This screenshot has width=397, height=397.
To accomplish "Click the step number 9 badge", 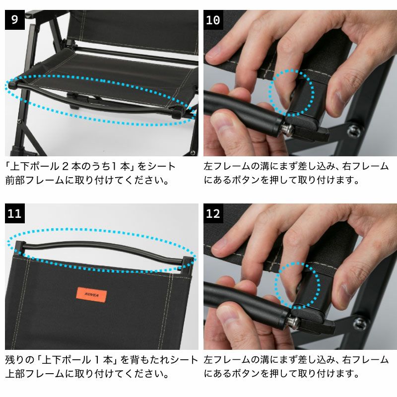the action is point(15,20).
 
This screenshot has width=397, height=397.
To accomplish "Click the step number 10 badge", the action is point(213,20).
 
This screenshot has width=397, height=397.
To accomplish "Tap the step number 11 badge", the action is point(15,213).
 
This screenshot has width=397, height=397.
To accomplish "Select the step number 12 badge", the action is point(213,213).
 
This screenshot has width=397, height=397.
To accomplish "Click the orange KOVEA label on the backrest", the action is point(91,295).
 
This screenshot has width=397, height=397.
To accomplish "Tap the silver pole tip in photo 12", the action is point(294,323).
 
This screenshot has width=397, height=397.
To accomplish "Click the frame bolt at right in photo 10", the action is point(354,131).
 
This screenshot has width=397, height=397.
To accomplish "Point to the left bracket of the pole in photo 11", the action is point(19,248).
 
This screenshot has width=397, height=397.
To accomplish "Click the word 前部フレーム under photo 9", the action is point(35,180).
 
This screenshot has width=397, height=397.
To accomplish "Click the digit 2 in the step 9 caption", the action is point(65,167).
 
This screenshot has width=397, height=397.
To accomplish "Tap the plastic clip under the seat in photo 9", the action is point(73,101).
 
